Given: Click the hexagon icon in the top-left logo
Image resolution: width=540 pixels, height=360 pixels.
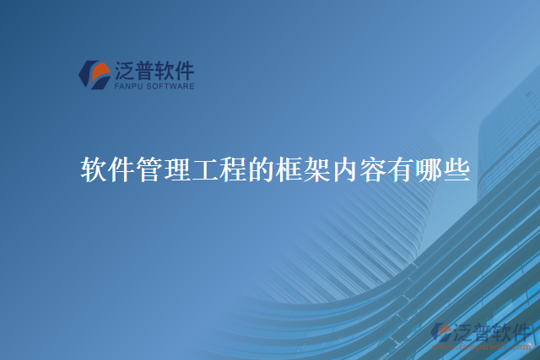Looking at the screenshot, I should pyautogui.click(x=94, y=73).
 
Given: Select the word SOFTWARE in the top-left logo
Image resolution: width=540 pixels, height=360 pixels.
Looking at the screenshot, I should pyautogui.click(x=171, y=85).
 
